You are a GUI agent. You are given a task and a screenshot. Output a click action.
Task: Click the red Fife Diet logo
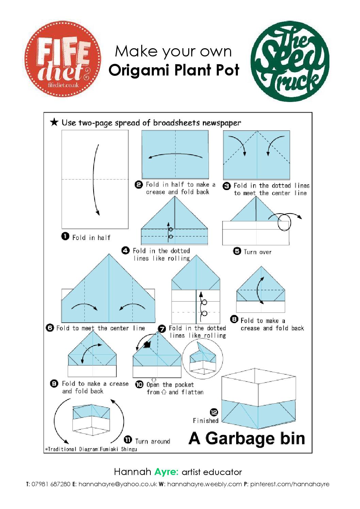click(x=63, y=58)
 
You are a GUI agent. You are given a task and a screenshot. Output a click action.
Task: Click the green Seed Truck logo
click(x=290, y=61)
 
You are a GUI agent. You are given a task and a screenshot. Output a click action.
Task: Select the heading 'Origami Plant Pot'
click(x=174, y=70)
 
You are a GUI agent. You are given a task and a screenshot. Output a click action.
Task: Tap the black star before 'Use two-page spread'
click(x=54, y=122)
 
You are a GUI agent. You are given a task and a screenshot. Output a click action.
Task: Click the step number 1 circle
click(x=65, y=236)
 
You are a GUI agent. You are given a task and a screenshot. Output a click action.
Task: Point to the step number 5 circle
click(x=237, y=251)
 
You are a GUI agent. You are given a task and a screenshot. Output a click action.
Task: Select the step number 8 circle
click(x=234, y=319)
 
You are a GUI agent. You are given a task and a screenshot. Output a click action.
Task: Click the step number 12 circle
click(x=214, y=412)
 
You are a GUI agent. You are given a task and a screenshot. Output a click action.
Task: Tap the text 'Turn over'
click(x=258, y=252)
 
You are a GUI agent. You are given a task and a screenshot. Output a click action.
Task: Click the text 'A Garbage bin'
click(x=247, y=438)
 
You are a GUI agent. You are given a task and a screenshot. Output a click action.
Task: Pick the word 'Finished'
click(x=206, y=421)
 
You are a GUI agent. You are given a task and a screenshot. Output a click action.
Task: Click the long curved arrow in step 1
click(x=96, y=180)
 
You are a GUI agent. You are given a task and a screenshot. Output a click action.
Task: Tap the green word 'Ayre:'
click(x=166, y=472)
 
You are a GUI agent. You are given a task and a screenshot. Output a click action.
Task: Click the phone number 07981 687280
click(x=51, y=484)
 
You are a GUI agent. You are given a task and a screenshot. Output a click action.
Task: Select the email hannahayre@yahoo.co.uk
click(x=117, y=484)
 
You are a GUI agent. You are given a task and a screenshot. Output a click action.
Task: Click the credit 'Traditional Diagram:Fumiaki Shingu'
click(x=91, y=449)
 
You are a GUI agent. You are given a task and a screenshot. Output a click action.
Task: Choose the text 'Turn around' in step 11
click(x=152, y=441)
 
